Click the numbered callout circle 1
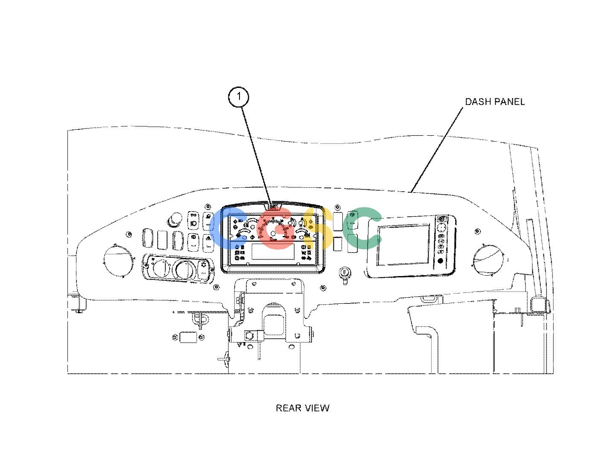tap(238, 97)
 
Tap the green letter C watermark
tap(362, 228)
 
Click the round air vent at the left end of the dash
tap(118, 261)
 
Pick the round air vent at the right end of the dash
tap(488, 260)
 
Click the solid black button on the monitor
tap(441, 261)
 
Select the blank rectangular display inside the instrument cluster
tap(273, 252)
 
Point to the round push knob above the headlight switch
tap(176, 219)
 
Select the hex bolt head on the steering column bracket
tap(249, 336)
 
